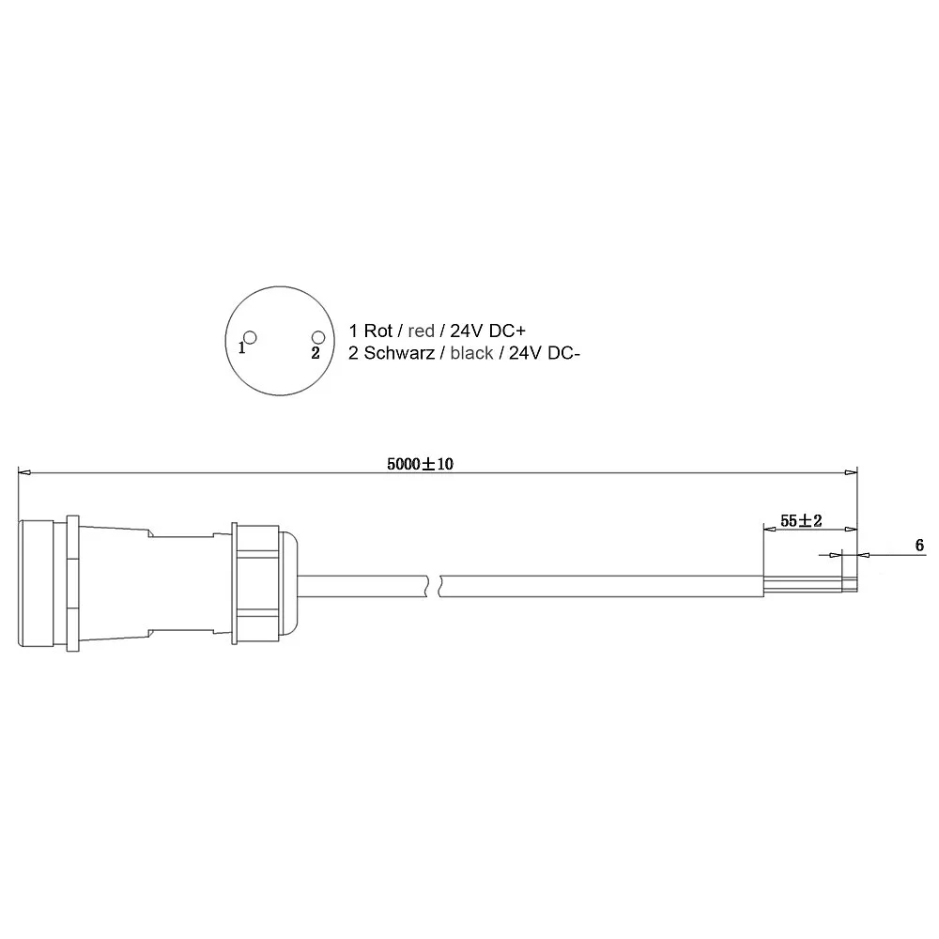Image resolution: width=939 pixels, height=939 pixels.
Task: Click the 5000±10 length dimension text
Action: click(420, 464)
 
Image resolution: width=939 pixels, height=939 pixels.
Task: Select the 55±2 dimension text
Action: click(801, 521)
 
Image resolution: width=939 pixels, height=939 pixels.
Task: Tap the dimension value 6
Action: click(920, 545)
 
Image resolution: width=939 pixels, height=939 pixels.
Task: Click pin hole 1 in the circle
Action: click(251, 338)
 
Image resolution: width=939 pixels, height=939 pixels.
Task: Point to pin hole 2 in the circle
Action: click(318, 338)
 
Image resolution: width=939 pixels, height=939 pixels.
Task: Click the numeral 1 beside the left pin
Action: click(241, 348)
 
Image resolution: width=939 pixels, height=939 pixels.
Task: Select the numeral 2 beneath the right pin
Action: click(316, 353)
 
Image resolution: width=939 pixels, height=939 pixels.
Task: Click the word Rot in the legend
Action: click(377, 331)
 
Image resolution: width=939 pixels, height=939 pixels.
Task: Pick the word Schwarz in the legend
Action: click(399, 353)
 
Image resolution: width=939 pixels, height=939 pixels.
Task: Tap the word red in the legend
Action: click(421, 331)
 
